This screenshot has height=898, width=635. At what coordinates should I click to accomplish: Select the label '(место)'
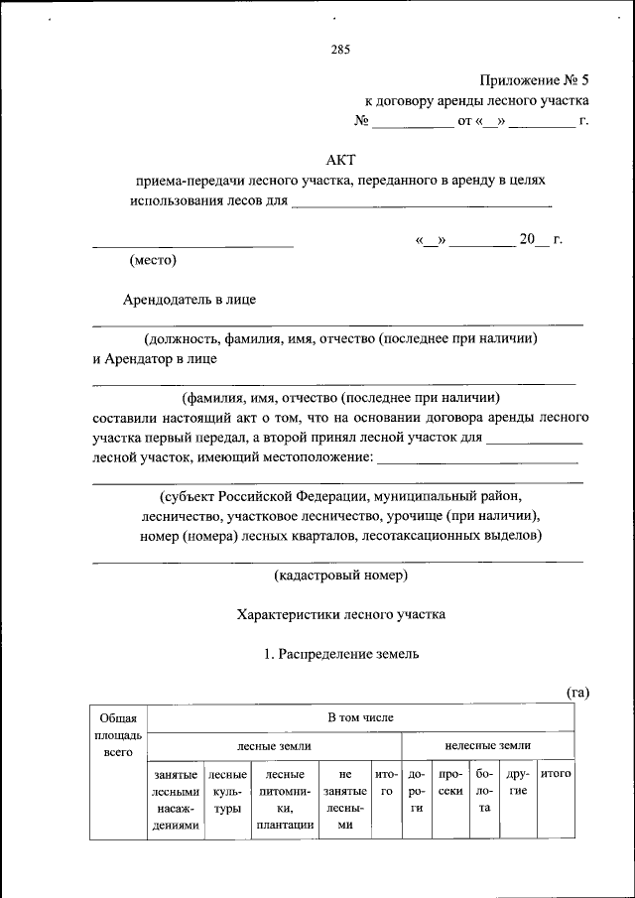pos(153,261)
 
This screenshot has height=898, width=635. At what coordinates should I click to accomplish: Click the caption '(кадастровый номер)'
pos(340,576)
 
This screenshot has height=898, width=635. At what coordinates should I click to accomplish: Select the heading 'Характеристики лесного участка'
pos(340,614)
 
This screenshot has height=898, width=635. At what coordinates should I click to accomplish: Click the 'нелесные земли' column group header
pos(487,745)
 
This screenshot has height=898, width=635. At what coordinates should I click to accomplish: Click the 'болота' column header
pos(484,790)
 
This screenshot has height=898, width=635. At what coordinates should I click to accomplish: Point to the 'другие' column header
pos(518,782)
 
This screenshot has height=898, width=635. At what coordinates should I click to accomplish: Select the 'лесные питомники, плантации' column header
pos(284,799)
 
